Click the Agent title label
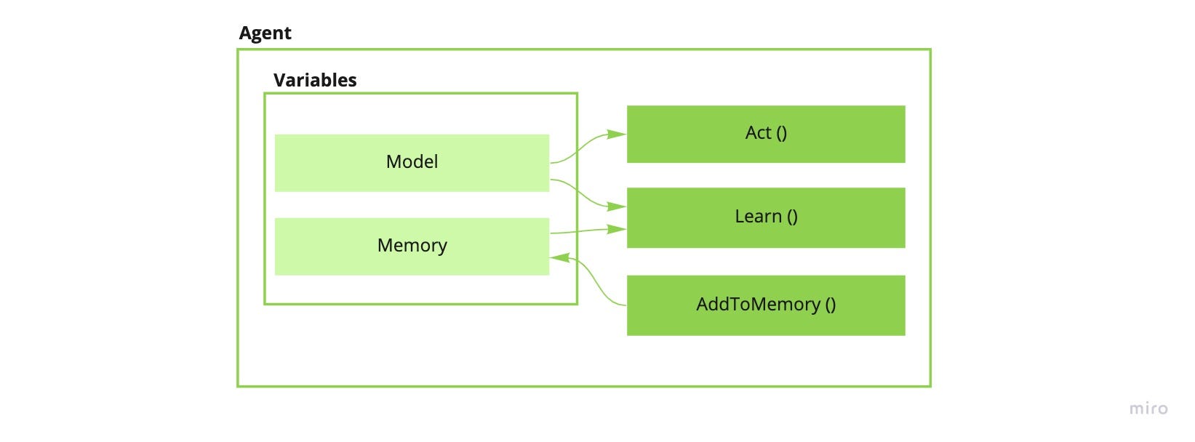click(x=265, y=33)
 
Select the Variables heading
click(x=315, y=80)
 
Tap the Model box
click(x=412, y=163)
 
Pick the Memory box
click(x=412, y=246)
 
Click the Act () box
click(x=766, y=134)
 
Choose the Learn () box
click(x=766, y=217)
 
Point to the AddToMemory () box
click(x=766, y=305)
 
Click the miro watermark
click(x=1148, y=409)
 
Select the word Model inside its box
click(x=412, y=162)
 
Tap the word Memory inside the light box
click(x=412, y=246)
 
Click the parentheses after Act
click(x=781, y=133)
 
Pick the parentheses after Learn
click(x=792, y=217)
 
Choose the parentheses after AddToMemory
click(x=830, y=305)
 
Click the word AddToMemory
click(x=758, y=305)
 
